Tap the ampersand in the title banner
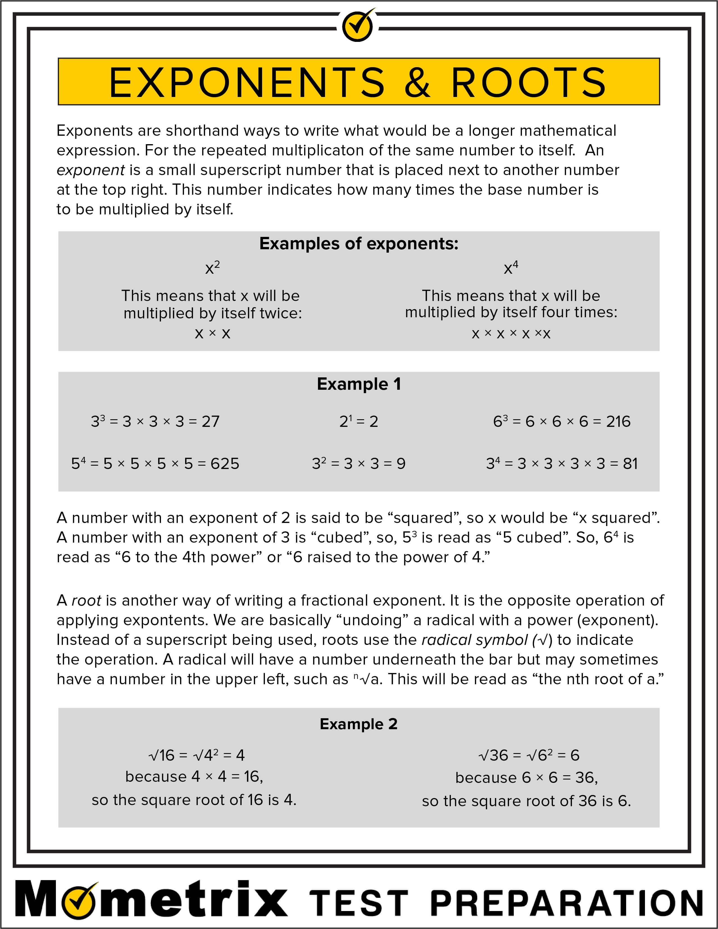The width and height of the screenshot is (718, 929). point(417,82)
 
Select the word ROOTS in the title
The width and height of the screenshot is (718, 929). point(528,82)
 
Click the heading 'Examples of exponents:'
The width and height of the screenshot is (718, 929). point(359,244)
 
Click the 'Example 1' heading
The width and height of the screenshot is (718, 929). point(359,384)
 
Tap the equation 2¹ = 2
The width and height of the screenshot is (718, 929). point(358,422)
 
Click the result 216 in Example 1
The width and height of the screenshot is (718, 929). point(618,422)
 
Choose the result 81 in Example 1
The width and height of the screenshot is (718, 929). point(630,464)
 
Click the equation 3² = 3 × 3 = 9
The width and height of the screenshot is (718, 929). point(358,464)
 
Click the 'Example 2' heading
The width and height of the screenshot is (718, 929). point(358,724)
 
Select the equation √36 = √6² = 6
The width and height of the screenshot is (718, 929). point(528,755)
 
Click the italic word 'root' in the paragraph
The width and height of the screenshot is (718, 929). point(86,601)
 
